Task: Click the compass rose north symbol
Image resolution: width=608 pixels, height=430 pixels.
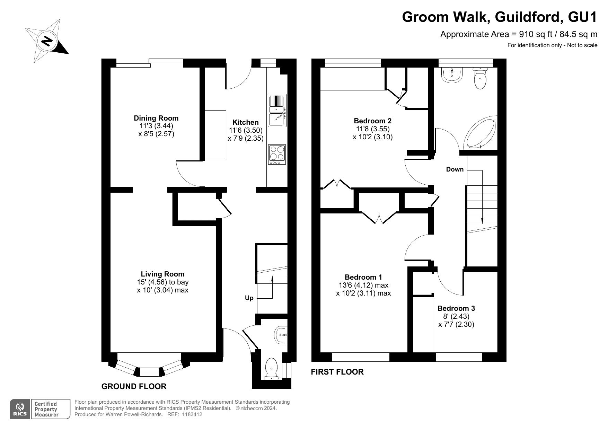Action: point(47,41)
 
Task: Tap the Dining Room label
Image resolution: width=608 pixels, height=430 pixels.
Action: point(156,118)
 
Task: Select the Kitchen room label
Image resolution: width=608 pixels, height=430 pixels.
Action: point(245,122)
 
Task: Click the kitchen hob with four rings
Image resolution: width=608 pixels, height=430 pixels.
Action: point(277,155)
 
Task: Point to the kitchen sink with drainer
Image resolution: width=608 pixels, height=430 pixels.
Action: point(277,110)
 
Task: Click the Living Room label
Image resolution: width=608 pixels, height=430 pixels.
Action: point(162,274)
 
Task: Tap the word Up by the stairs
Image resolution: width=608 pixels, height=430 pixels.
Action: point(249,298)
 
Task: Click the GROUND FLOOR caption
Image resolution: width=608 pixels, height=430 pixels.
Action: point(134,386)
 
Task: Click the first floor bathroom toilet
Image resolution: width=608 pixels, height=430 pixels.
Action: point(480,78)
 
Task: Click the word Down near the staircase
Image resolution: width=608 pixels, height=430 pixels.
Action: point(455,169)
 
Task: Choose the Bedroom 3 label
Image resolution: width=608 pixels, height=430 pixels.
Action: point(456,308)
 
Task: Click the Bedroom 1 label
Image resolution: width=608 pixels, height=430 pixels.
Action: point(363,277)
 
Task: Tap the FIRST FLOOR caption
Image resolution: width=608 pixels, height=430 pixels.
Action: point(337,372)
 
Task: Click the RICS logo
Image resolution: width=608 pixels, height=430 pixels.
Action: point(20,409)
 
